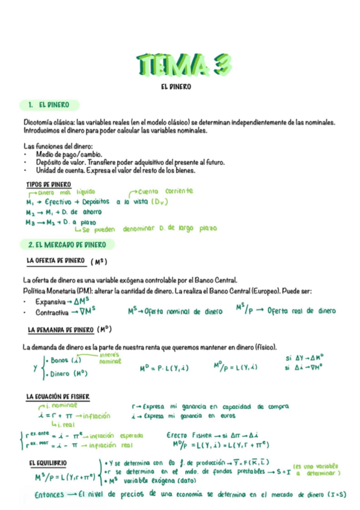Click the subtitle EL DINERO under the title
tap(176, 87)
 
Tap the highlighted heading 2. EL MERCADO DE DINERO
tap(67, 245)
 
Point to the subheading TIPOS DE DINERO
tap(49, 184)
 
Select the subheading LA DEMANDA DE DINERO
tap(60, 330)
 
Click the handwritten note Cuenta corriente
tap(166, 191)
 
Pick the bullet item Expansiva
tap(50, 301)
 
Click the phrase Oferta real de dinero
tap(301, 311)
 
